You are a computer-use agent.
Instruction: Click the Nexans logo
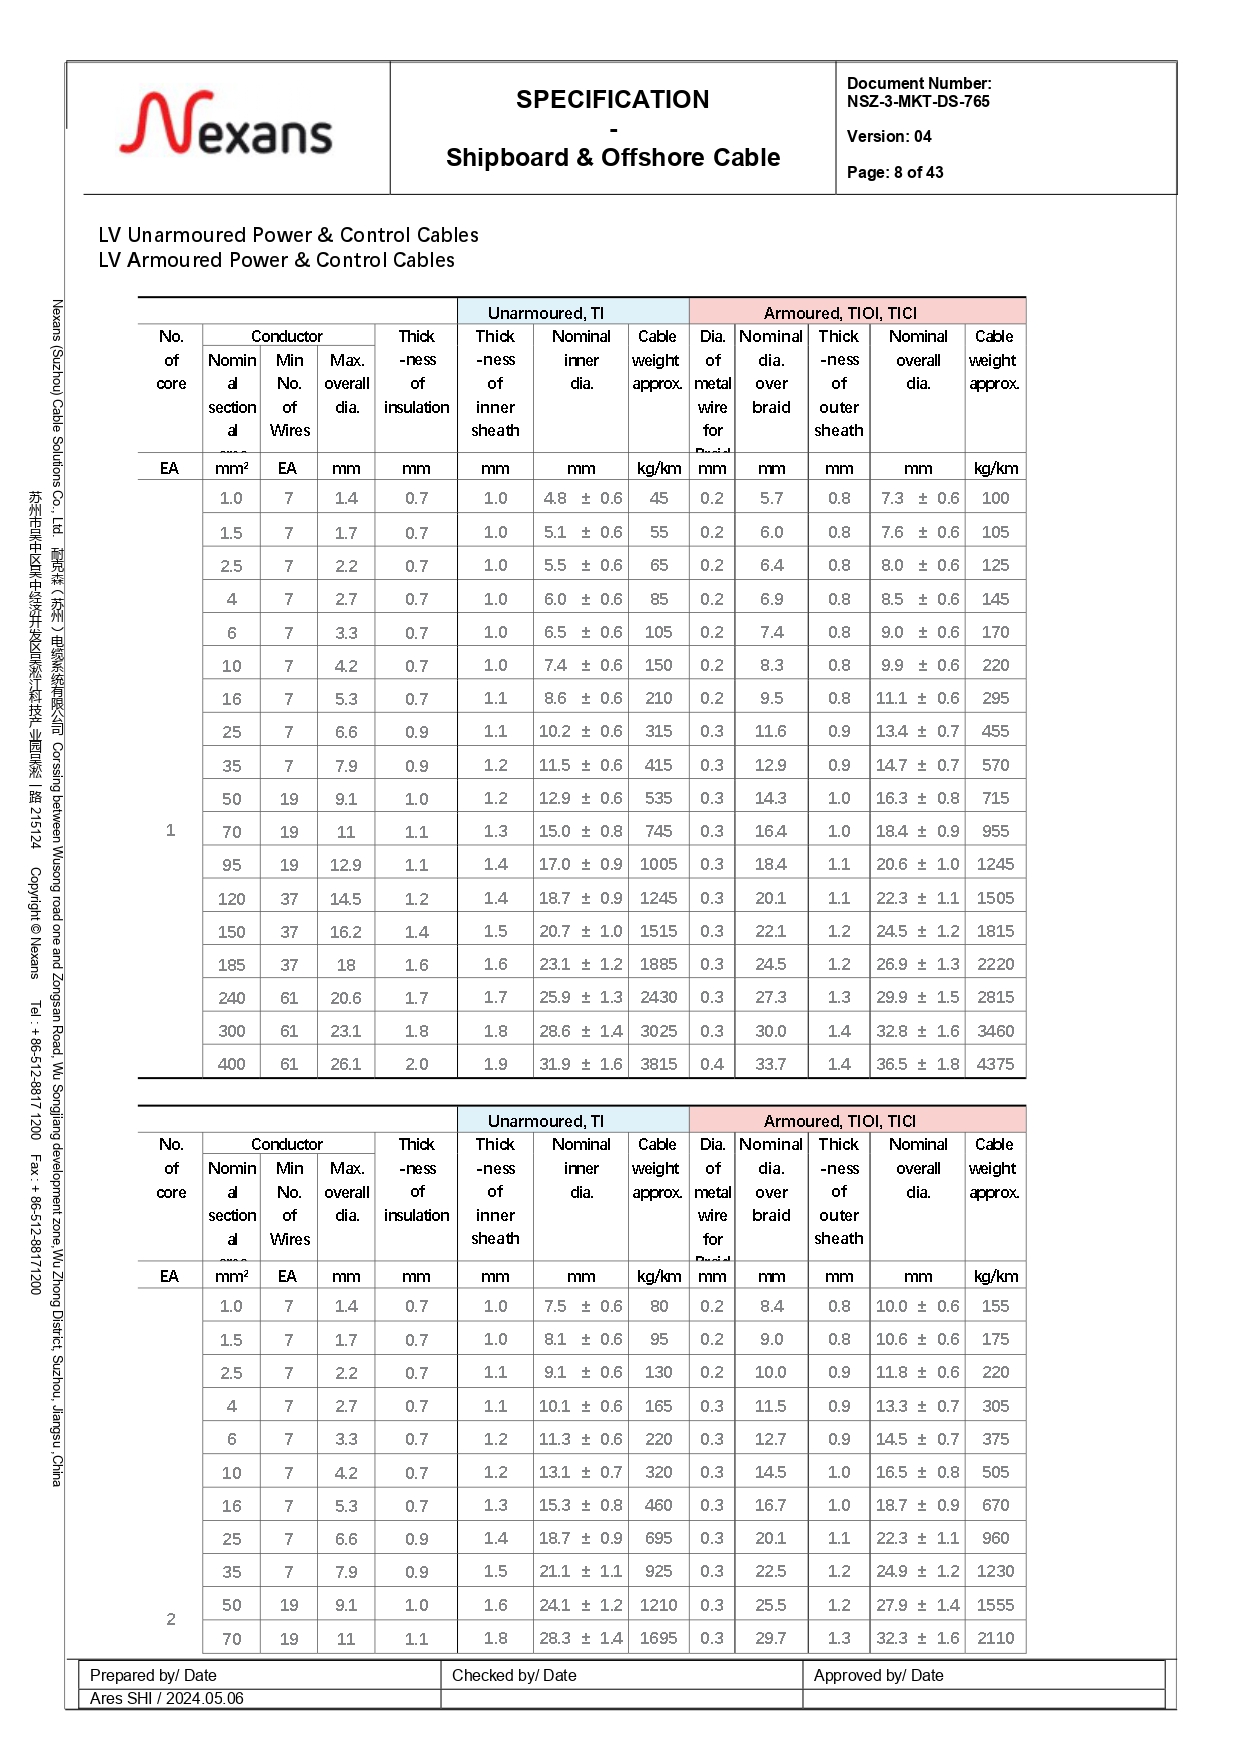point(227,126)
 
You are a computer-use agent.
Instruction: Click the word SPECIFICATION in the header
point(612,99)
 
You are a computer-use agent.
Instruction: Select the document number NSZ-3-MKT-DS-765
point(918,101)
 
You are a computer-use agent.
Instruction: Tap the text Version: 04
point(889,136)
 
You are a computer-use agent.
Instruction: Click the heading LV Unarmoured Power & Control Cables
point(288,235)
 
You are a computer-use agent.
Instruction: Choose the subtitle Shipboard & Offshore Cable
point(612,157)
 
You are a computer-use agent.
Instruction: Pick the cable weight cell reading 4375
point(995,1064)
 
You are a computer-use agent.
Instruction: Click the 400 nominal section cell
point(231,1064)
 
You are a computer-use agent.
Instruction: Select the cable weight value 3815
point(658,1064)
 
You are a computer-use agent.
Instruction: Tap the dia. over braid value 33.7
point(770,1064)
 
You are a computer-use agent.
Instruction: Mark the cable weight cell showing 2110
point(995,1638)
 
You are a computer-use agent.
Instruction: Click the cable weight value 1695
point(658,1638)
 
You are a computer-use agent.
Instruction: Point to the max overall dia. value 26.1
point(346,1064)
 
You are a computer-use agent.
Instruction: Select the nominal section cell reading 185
point(231,965)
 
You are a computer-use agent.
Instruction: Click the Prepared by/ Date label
point(153,1675)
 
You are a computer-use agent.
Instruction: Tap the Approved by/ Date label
point(878,1675)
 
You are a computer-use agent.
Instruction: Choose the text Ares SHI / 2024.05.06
point(166,1698)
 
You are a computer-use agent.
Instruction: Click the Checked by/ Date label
point(514,1675)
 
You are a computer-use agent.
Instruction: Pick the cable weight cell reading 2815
point(995,997)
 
